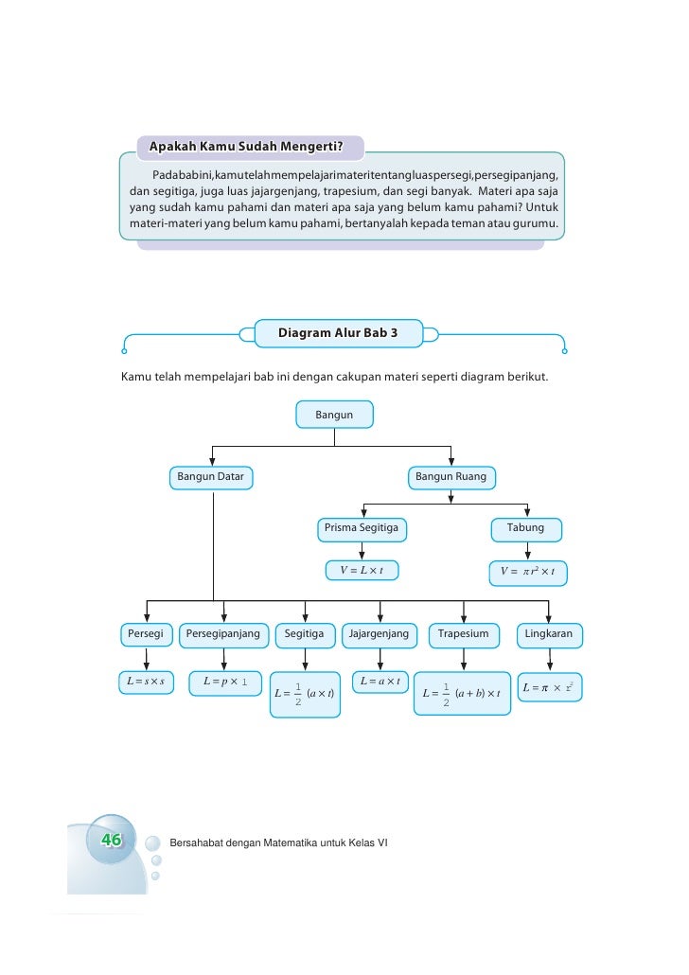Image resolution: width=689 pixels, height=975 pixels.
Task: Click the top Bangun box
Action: tap(334, 415)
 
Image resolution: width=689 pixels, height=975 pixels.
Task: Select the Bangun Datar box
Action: tap(211, 477)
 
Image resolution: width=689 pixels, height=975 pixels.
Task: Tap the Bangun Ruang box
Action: tap(450, 477)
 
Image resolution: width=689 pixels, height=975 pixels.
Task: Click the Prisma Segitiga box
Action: tap(362, 528)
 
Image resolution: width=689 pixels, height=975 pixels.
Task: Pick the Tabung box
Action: tap(526, 528)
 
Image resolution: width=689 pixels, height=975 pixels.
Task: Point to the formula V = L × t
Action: tap(362, 570)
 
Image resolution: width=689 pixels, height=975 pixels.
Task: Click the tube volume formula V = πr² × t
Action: tap(528, 571)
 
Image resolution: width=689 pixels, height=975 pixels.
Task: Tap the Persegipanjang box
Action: tap(223, 634)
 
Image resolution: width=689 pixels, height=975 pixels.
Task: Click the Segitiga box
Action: tap(304, 634)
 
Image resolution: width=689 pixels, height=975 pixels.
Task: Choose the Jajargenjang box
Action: tap(379, 634)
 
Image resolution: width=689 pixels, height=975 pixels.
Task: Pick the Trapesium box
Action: tap(463, 634)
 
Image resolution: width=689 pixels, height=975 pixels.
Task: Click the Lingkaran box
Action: tap(549, 634)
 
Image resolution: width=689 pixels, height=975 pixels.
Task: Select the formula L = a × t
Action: tap(380, 682)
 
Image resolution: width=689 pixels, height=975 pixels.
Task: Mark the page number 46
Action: tap(112, 840)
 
